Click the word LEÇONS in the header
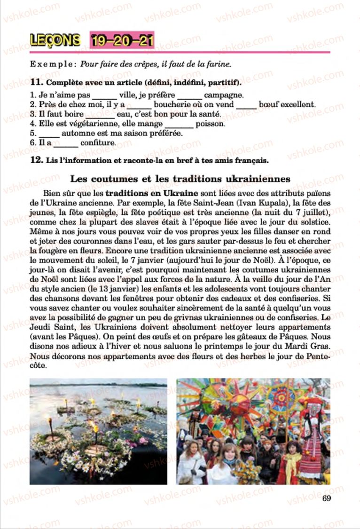point(55,40)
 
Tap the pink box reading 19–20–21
point(121,40)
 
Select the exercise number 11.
point(34,83)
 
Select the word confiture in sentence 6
point(97,143)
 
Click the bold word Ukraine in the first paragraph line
point(181,193)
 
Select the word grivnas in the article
point(164,318)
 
